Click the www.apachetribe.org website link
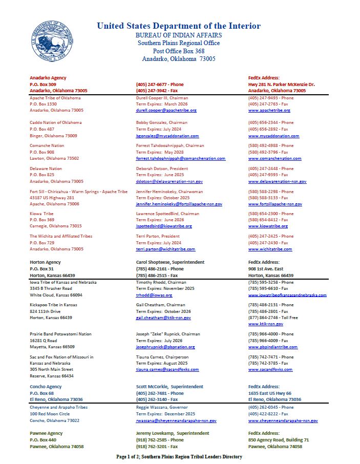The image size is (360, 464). point(269,110)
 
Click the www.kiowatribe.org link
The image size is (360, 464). point(268,226)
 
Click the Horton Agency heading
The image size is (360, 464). point(45,262)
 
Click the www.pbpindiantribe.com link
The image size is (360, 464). point(272,347)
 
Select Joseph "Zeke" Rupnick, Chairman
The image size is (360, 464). point(167,334)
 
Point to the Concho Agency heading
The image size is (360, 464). point(46,387)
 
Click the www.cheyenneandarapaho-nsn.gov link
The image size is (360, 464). point(283,420)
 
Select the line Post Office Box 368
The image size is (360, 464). point(178,51)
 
